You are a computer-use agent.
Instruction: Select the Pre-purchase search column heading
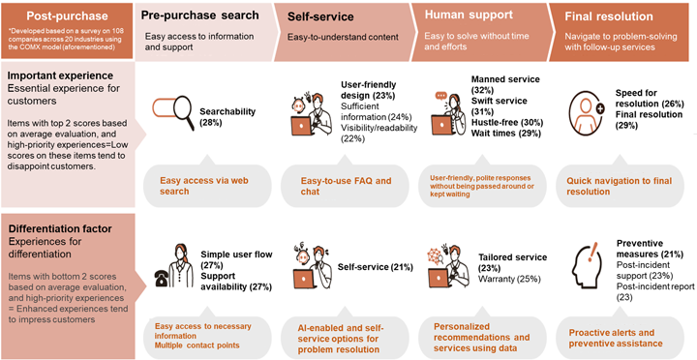click(x=200, y=15)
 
